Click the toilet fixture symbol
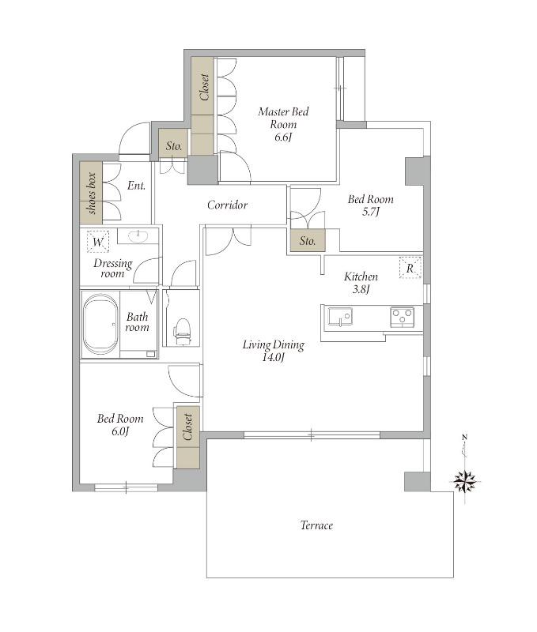coord(182,331)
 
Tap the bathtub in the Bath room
coord(100,325)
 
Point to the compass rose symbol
coord(465,481)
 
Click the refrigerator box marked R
coord(410,267)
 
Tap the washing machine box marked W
coord(98,242)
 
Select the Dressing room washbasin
coord(138,236)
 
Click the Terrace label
coord(316,525)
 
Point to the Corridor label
coord(227,205)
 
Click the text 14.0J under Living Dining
coord(274,357)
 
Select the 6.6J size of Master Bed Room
coord(283,137)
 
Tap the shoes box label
coord(92,193)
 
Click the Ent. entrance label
coord(136,186)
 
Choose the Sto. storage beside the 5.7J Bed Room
coord(308,241)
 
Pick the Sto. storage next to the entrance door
coord(174,145)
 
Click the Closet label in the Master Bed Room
coord(204,87)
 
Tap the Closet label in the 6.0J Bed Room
coord(187,427)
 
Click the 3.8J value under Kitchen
coord(361,289)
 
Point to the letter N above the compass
coord(465,438)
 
